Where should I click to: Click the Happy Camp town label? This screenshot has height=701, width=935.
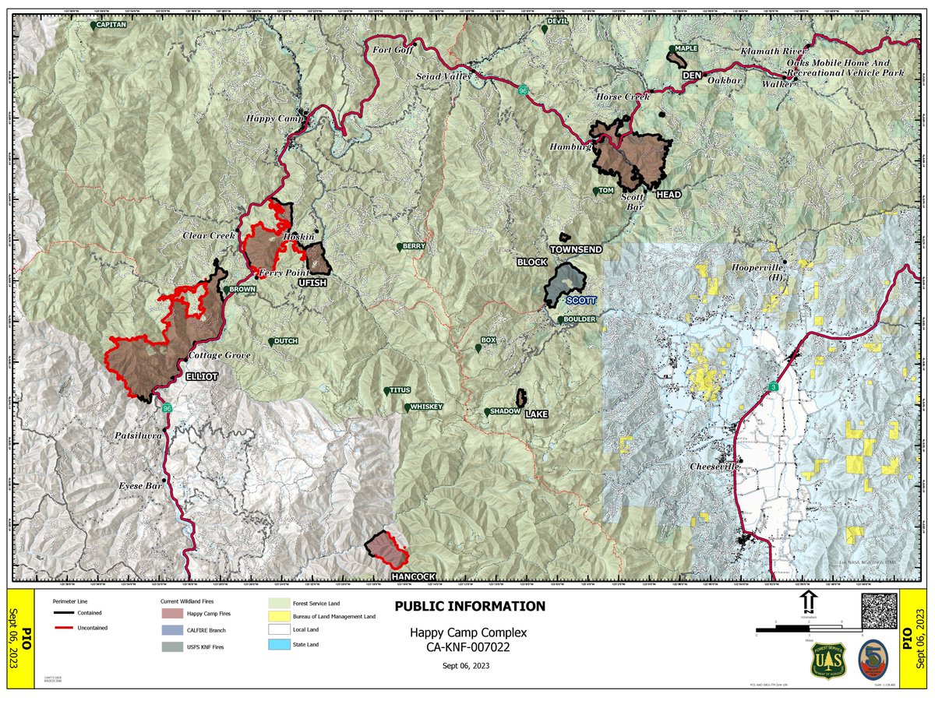272,118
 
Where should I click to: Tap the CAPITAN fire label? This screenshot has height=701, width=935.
111,25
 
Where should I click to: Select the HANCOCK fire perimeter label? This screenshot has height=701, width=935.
413,576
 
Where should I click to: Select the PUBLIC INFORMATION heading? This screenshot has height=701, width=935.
469,606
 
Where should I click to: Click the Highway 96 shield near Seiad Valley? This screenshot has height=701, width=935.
527,90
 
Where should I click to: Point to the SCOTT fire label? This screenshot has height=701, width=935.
580,300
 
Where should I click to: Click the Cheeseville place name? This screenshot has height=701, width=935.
712,467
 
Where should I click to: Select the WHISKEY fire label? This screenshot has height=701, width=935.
425,407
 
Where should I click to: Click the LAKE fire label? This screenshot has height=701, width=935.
537,414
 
